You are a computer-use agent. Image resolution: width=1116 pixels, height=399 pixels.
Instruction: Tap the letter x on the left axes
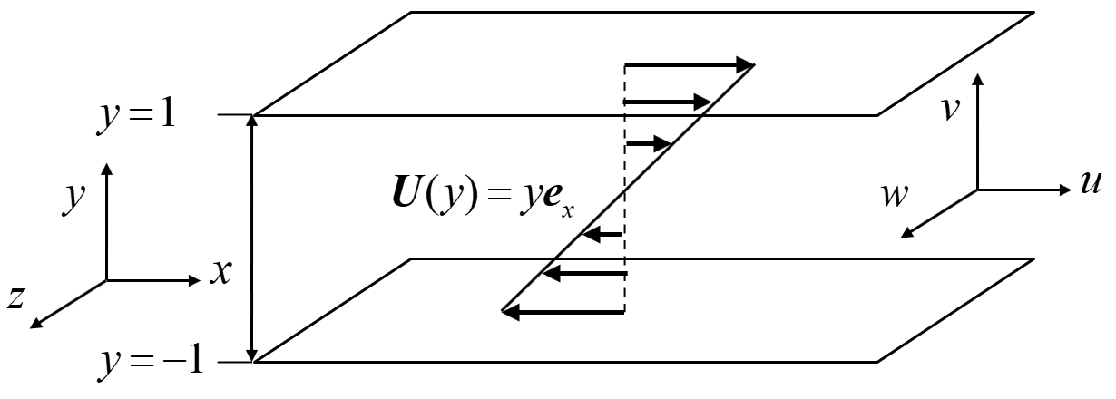coord(220,271)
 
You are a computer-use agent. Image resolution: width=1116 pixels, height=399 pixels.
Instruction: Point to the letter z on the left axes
coord(16,299)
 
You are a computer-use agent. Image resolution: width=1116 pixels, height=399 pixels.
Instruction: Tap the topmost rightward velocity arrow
coord(690,64)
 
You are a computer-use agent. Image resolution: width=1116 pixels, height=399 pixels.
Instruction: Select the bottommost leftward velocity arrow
coord(563,312)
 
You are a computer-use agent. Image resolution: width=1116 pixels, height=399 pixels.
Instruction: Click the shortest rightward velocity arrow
coord(648,143)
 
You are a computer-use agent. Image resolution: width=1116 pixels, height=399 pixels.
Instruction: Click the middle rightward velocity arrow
coord(667,101)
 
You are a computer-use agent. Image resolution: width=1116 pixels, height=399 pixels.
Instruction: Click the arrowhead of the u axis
coord(1067,190)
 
